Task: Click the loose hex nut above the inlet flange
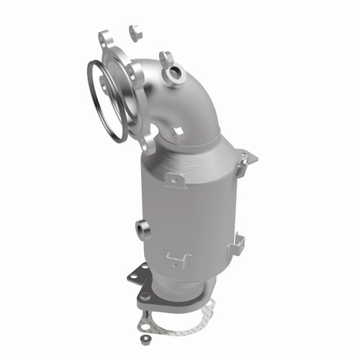135,32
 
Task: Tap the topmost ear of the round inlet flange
106,37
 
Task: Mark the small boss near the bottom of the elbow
176,132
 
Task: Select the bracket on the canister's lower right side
235,247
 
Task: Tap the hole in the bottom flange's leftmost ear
146,295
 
